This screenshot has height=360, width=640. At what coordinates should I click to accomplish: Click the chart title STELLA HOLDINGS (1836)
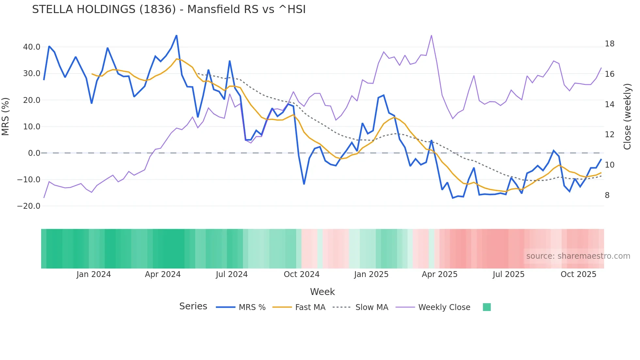169,9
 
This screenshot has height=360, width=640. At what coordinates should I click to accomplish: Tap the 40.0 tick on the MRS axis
32,47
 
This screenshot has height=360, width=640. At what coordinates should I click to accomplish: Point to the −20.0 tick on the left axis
29,206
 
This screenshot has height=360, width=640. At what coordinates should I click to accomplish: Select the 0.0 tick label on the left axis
34,153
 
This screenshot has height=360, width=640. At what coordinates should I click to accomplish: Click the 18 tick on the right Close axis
609,44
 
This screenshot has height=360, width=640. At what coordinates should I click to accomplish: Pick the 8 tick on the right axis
607,195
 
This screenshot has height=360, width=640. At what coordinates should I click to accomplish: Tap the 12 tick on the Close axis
609,135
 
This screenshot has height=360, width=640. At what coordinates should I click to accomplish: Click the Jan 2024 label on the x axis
94,274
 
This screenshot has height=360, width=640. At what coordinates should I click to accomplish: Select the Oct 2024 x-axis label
301,274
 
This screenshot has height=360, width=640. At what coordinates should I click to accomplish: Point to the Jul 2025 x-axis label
508,274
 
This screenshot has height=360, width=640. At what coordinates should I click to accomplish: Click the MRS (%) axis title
6,117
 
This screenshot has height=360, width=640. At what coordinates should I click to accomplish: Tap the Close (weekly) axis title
627,117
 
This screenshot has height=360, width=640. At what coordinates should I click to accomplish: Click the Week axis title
322,292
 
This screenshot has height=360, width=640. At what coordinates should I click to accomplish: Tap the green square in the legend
487,307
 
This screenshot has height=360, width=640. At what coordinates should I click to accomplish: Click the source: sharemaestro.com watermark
578,256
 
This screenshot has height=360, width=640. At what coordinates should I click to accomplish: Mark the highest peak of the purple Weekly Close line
431,36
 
